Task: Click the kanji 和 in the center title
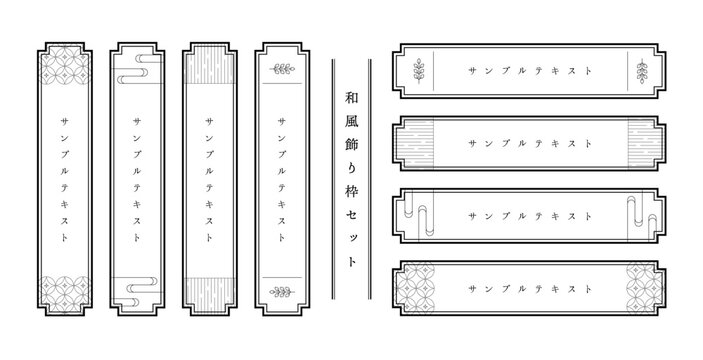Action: coord(352,98)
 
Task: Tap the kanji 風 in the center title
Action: coord(352,121)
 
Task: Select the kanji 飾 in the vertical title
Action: coord(352,145)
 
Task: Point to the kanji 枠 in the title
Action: coord(352,192)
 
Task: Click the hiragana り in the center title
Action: coord(352,169)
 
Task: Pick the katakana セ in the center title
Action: coord(352,216)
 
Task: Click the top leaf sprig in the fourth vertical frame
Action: coord(282,69)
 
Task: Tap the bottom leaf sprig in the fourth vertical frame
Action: coord(282,292)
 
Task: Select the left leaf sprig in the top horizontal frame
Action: coord(419,71)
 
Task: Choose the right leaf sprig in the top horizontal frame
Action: coord(642,71)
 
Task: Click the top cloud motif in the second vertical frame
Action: coord(139,69)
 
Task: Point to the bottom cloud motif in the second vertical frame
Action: coord(136,291)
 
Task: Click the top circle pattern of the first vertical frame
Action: coord(65,65)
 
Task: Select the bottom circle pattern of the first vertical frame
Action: coord(65,294)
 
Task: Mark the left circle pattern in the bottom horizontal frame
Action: coord(415,288)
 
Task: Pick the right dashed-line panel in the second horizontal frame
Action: coord(645,143)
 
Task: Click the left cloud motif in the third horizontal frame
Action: coord(418,213)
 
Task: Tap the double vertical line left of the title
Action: coord(334,179)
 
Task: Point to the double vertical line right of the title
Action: coord(369,179)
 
